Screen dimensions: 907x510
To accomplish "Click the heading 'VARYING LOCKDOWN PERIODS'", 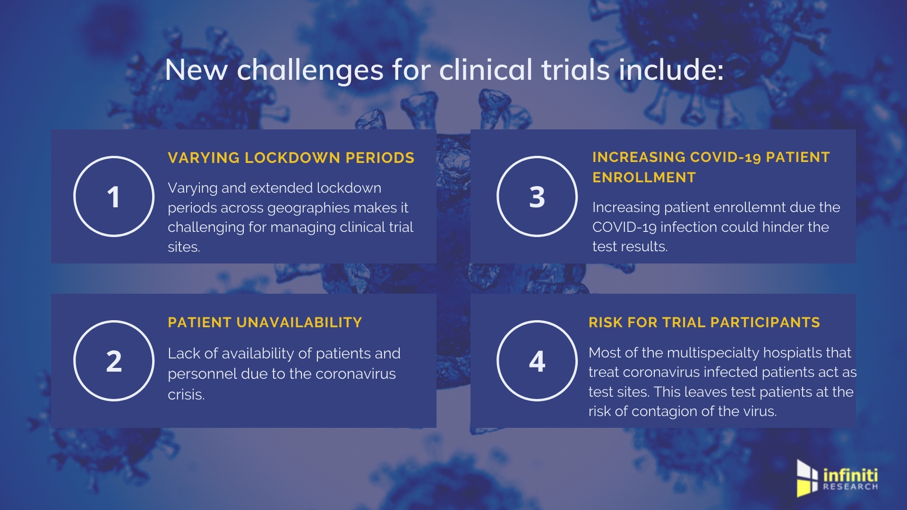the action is (x=291, y=158).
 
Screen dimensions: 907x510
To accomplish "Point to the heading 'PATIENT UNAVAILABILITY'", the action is (x=265, y=323).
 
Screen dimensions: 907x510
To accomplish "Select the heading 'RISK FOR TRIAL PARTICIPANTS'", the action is (x=704, y=323).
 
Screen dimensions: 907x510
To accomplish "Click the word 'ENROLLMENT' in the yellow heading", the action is (x=644, y=178).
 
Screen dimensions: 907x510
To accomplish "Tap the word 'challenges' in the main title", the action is (x=310, y=70).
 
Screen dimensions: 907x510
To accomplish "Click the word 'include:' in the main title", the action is (x=671, y=70).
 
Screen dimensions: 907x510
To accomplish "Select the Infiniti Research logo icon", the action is (x=807, y=478).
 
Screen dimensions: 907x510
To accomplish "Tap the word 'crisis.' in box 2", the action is (x=186, y=394).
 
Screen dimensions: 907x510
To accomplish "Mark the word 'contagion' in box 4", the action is (x=665, y=412).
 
